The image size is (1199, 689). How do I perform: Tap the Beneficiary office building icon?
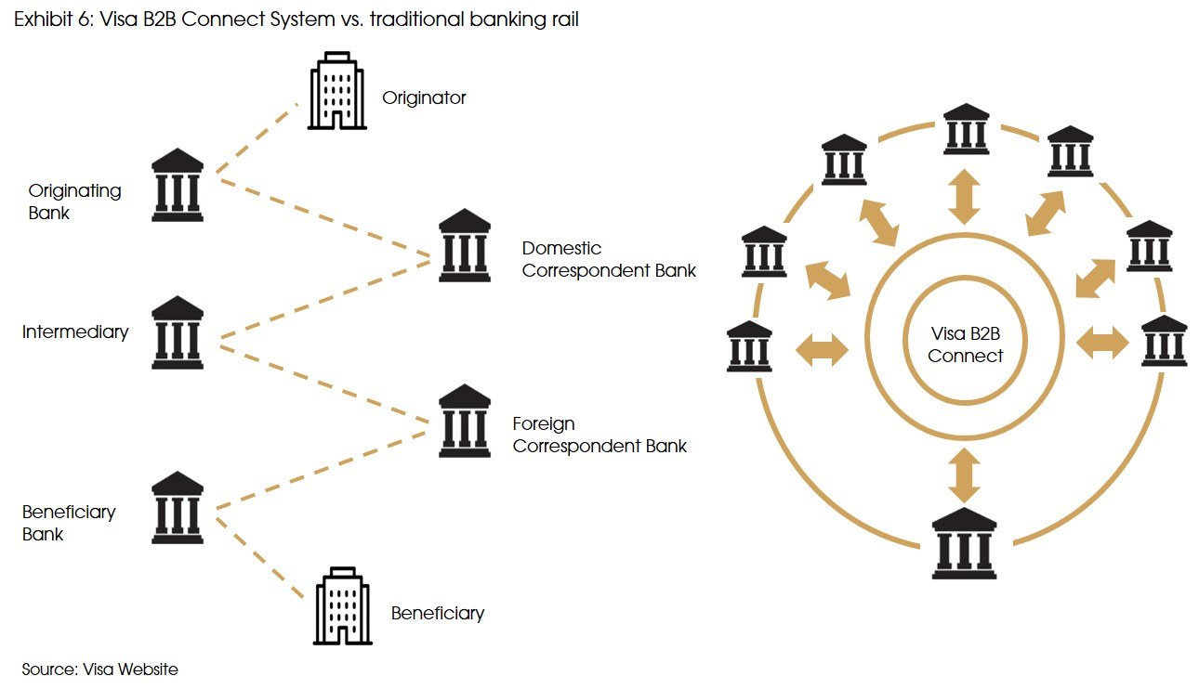click(343, 605)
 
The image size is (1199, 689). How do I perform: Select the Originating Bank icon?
click(177, 183)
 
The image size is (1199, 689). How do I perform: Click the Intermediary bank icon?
click(177, 332)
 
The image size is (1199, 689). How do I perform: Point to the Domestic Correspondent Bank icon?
click(464, 245)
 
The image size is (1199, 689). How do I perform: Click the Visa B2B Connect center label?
click(965, 344)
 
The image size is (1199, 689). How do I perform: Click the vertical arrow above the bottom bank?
click(965, 475)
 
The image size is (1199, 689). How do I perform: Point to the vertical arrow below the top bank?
click(965, 196)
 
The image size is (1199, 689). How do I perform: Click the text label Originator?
click(424, 97)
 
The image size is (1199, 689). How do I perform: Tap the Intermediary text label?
click(75, 331)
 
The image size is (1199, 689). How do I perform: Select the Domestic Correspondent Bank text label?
click(609, 259)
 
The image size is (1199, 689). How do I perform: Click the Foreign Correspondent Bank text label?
click(599, 435)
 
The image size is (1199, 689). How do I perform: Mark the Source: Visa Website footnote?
click(99, 669)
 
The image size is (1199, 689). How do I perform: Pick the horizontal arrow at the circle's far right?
click(1102, 344)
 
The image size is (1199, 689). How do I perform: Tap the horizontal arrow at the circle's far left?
click(823, 350)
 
